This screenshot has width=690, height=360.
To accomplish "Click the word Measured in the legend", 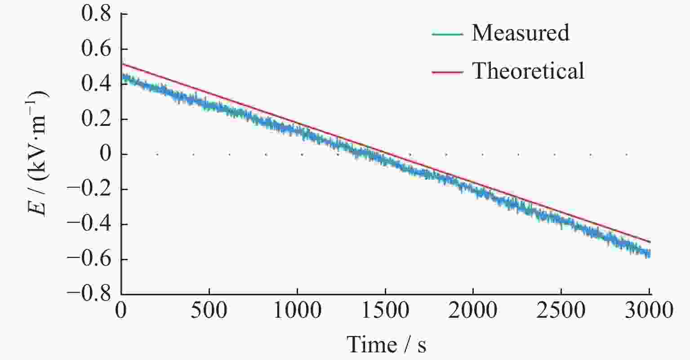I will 520,33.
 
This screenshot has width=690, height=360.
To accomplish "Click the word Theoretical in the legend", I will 528,71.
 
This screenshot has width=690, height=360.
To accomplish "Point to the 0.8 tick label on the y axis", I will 95,14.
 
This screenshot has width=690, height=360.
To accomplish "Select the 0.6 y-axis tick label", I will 95,49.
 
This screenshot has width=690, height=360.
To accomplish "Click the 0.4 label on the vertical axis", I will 95,84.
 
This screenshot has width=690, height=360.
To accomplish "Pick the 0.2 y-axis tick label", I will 95,119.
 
